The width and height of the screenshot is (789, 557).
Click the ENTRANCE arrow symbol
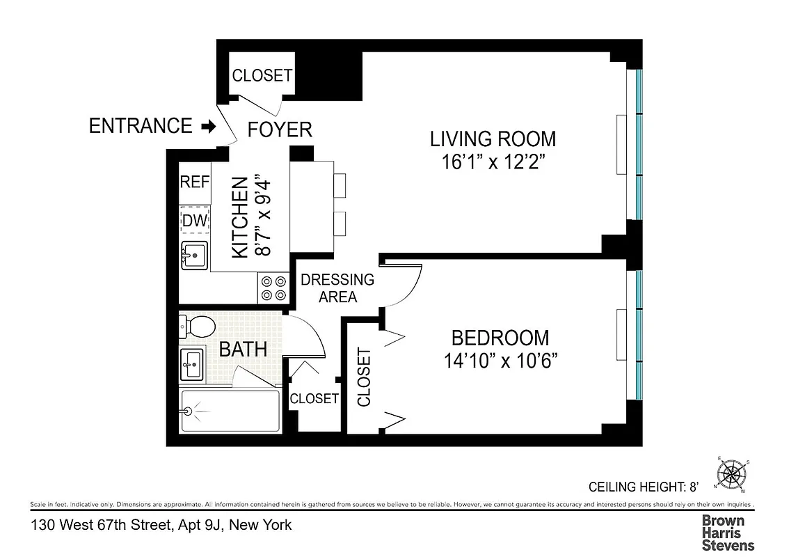[207, 127]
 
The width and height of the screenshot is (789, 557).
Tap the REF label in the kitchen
[195, 182]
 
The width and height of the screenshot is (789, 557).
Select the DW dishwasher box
[195, 221]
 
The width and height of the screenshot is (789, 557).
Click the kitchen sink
[194, 256]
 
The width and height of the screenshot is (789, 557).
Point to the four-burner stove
[273, 288]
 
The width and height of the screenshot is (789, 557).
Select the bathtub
[230, 411]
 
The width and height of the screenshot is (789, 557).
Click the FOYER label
[280, 130]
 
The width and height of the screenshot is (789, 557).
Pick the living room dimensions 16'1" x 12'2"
[493, 162]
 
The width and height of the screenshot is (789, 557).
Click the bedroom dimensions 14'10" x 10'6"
[500, 361]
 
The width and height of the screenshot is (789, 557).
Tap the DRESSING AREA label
[337, 288]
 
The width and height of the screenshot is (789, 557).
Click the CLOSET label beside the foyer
[262, 75]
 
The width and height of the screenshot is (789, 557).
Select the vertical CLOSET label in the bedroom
[364, 377]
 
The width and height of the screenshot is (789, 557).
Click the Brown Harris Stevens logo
[727, 533]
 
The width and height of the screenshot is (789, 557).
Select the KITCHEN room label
[239, 218]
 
